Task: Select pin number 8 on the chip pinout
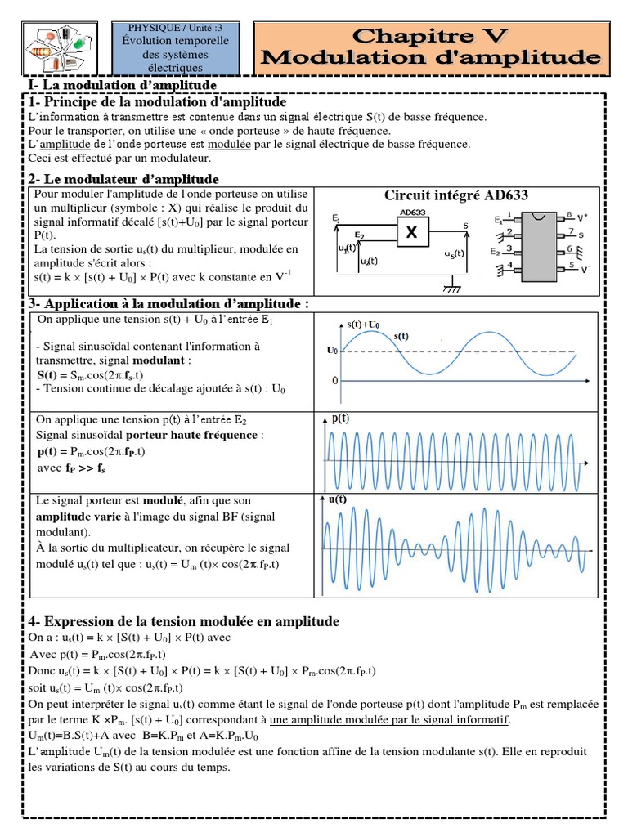[x=559, y=217]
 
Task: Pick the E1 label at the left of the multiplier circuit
[x=336, y=218]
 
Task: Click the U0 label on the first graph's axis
[x=332, y=351]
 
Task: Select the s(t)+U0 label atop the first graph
[x=362, y=325]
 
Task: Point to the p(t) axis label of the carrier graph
[x=340, y=418]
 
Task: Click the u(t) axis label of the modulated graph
[x=337, y=499]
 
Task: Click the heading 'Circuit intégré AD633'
[x=456, y=195]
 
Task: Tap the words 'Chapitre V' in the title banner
[x=432, y=36]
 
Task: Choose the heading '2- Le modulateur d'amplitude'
[x=123, y=178]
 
